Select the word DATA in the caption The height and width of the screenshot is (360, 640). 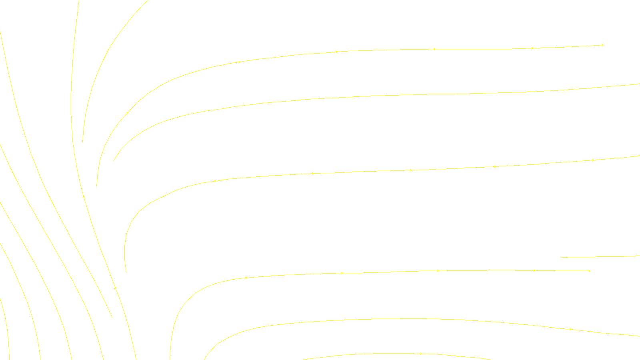(338, 354)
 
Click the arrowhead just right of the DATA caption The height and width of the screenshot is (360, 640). (421, 354)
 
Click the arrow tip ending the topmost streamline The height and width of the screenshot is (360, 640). (602, 45)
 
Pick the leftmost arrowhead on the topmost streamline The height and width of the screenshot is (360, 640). (239, 62)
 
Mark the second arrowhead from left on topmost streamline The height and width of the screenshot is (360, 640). (337, 52)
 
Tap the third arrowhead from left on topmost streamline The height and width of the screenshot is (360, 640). (434, 49)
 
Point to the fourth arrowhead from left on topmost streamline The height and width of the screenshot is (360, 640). (532, 48)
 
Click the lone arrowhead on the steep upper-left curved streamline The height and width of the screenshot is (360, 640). (127, 113)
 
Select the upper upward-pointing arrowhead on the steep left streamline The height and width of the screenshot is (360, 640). (84, 197)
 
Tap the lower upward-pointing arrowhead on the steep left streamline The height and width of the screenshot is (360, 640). (116, 287)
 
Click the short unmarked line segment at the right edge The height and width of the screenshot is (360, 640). (600, 257)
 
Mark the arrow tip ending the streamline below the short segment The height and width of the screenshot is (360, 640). (589, 271)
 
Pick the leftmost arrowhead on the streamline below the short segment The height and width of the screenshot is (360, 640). (246, 278)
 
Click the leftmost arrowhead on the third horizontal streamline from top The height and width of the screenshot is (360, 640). (215, 181)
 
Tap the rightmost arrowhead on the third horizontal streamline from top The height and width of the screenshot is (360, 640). (593, 160)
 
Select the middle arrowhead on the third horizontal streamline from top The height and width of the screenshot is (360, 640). (411, 170)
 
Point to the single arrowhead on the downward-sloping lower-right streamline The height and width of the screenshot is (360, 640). (570, 330)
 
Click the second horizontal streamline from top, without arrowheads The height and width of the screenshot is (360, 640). (400, 96)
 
